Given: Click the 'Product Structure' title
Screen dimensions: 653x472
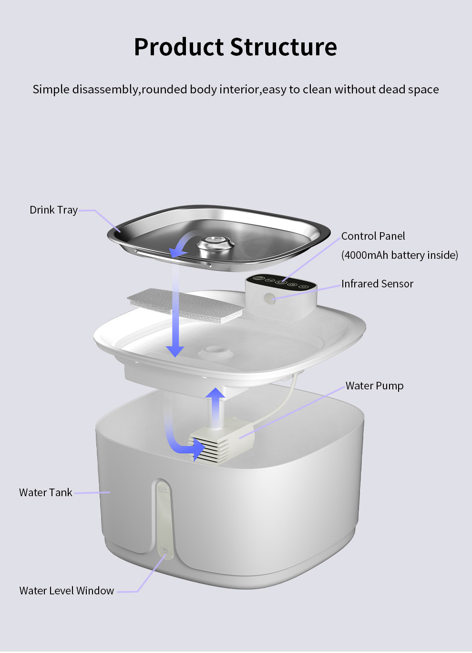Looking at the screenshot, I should tap(236, 47).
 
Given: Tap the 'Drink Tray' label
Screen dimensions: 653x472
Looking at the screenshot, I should tap(53, 210).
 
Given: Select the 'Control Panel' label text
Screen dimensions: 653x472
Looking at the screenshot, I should tap(373, 236).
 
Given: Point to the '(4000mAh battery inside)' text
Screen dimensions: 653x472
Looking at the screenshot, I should tap(400, 255).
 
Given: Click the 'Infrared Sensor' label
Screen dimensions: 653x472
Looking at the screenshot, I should tap(377, 284).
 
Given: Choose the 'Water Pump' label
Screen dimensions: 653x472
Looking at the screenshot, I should tap(374, 386).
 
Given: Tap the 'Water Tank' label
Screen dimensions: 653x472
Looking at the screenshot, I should tap(46, 492).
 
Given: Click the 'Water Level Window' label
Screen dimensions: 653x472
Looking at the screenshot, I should tap(67, 591).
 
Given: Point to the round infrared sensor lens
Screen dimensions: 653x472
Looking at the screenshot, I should tap(270, 299).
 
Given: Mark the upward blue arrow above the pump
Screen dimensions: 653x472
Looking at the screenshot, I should tap(215, 405).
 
